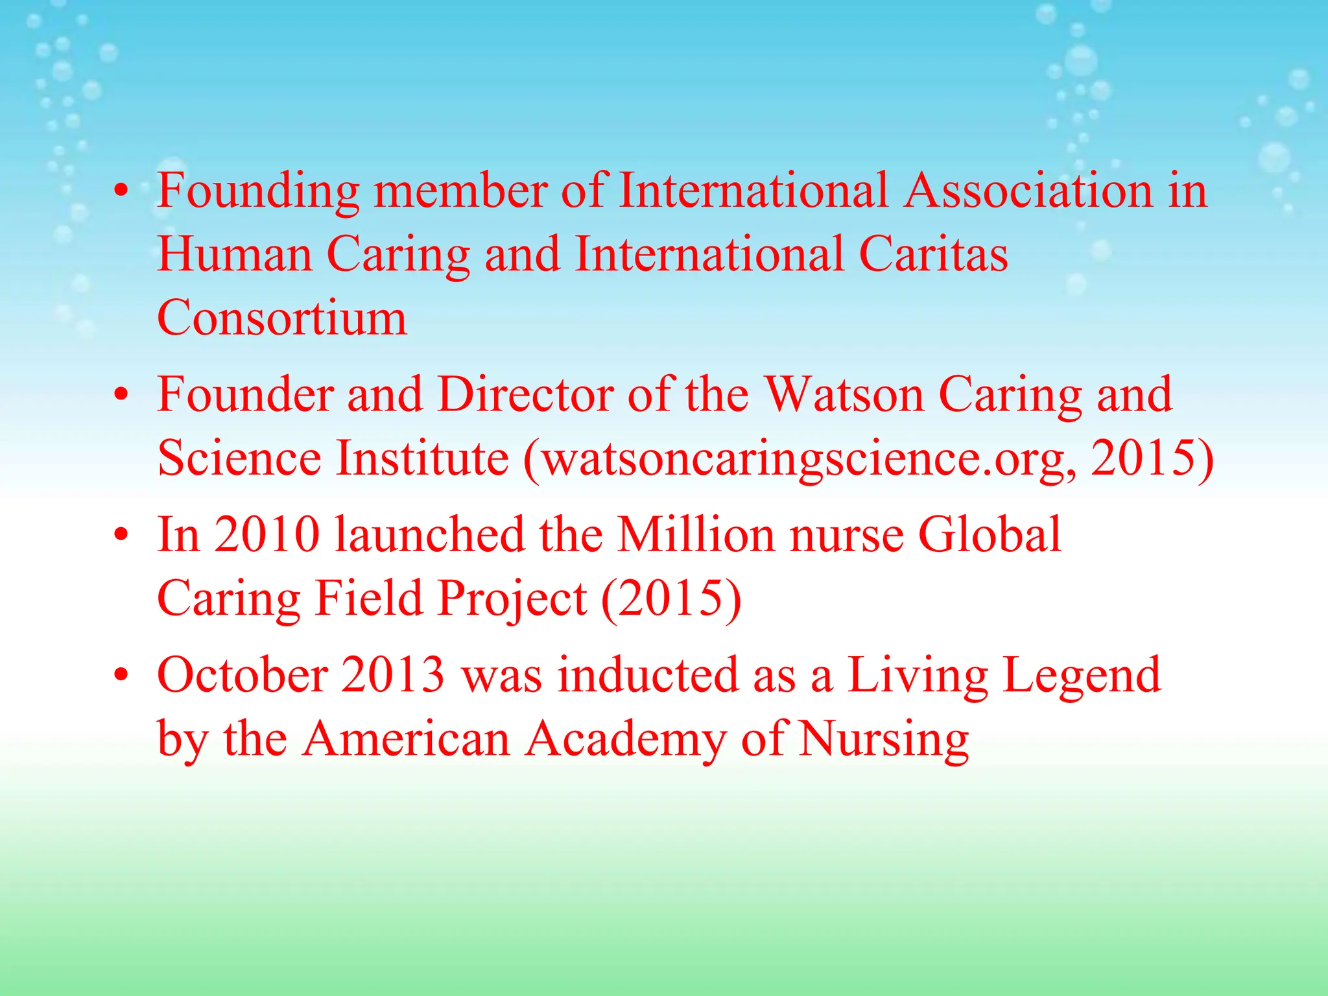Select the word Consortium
[x=282, y=318]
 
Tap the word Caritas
[x=933, y=254]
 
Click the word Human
[x=235, y=254]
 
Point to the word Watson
[x=844, y=394]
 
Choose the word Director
[x=525, y=394]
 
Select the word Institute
[x=422, y=458]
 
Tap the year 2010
[x=267, y=534]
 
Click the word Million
[x=696, y=534]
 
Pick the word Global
[x=990, y=534]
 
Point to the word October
[x=243, y=675]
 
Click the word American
[x=407, y=739]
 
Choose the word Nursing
[x=884, y=740]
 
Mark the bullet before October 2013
[x=121, y=675]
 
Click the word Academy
[x=626, y=740]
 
